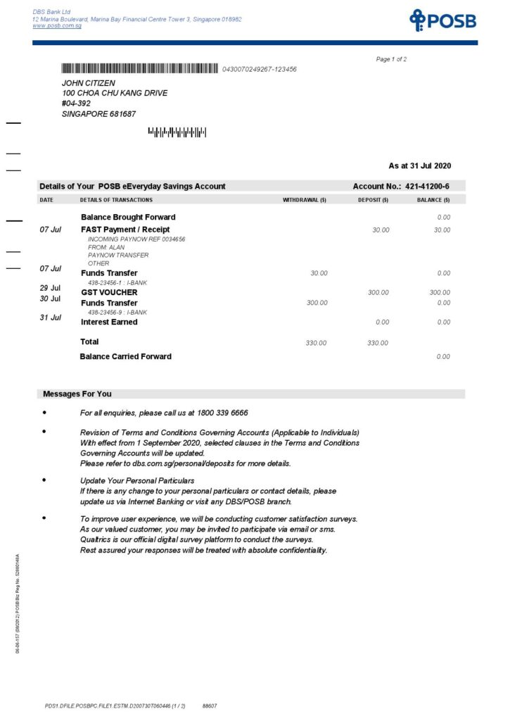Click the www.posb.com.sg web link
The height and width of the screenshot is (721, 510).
click(57, 26)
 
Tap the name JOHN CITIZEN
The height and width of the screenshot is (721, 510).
click(89, 83)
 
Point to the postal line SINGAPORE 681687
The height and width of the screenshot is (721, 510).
click(98, 113)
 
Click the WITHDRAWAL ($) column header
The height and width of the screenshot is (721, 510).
click(305, 200)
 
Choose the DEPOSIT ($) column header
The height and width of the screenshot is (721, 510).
click(373, 200)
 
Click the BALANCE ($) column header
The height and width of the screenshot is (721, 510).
click(433, 200)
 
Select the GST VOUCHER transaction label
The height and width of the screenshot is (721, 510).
click(109, 292)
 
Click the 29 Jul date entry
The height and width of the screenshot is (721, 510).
click(51, 288)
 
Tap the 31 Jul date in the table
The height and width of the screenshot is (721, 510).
click(51, 318)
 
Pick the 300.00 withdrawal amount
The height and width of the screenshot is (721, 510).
click(317, 303)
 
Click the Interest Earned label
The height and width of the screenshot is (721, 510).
click(109, 322)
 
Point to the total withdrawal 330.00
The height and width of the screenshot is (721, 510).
click(316, 343)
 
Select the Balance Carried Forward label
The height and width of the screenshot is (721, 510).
click(125, 357)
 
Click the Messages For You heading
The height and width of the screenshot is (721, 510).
click(77, 394)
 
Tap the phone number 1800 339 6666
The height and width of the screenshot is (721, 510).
click(219, 413)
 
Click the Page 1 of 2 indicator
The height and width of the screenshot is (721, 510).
click(391, 59)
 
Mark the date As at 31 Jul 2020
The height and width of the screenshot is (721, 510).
click(420, 166)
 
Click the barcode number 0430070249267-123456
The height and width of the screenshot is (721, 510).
click(259, 70)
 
